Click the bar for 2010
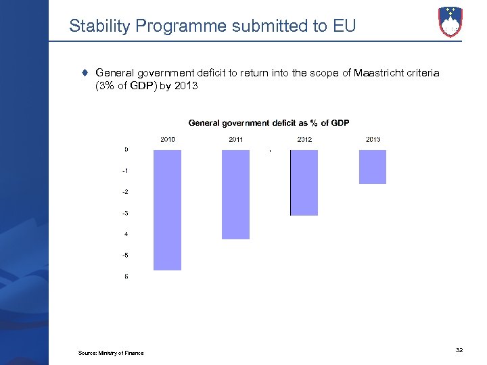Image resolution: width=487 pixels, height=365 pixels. [167, 210]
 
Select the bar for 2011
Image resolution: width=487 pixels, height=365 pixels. [235, 194]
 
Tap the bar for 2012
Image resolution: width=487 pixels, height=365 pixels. [304, 182]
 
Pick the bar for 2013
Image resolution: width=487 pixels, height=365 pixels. [372, 166]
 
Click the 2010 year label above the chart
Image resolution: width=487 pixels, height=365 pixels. [168, 139]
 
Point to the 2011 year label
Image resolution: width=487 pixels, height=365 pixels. [236, 139]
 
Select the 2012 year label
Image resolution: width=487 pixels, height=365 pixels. [304, 139]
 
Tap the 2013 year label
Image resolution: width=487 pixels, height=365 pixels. [373, 139]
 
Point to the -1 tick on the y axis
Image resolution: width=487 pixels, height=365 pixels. [126, 171]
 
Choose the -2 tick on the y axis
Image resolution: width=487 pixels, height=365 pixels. [126, 192]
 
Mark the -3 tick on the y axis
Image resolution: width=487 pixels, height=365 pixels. [126, 214]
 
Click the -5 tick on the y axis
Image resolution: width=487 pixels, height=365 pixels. [126, 255]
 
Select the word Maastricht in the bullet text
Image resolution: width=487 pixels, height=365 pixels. [377, 72]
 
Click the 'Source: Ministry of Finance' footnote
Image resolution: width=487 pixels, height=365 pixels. [110, 353]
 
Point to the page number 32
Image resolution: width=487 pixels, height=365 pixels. [459, 349]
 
